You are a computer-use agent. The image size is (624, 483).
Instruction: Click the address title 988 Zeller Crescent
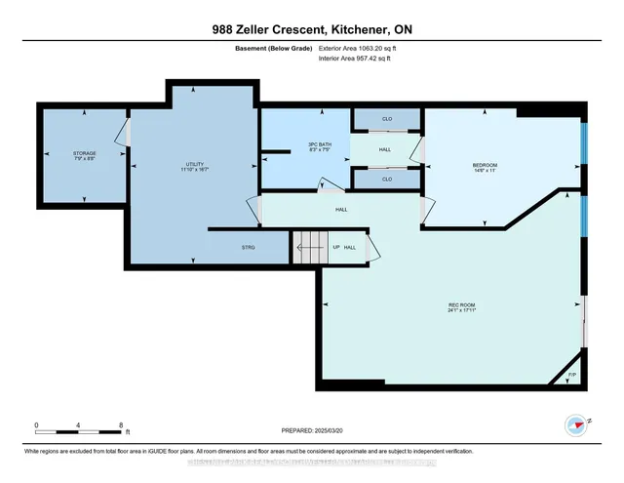(x=311, y=29)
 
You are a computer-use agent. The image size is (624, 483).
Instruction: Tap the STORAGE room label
(x=85, y=155)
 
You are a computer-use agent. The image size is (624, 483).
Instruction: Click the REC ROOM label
(x=461, y=308)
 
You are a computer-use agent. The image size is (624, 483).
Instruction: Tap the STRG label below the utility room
(x=248, y=248)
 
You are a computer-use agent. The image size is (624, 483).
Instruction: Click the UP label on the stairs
(x=337, y=248)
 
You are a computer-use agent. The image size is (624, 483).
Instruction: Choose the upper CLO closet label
(x=386, y=119)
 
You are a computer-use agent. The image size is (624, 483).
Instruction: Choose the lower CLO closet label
(x=386, y=180)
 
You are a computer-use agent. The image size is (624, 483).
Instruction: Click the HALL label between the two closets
(x=384, y=149)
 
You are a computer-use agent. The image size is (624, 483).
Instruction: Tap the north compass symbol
(x=576, y=424)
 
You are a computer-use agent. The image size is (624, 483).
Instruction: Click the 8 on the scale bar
(x=120, y=425)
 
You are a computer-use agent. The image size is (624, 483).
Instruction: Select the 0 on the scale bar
(x=36, y=425)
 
